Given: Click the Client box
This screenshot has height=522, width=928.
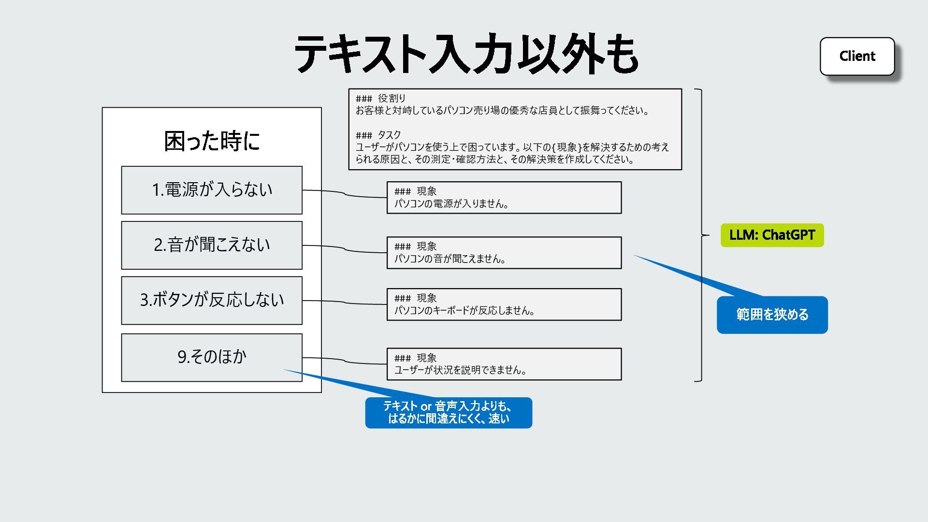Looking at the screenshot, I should pos(857,56).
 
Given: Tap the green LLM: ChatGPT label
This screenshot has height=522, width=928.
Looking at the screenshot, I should pos(772,235).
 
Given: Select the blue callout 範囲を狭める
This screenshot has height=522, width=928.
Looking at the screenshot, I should pos(772,315).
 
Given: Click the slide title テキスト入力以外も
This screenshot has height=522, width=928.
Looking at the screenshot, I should pos(466,54).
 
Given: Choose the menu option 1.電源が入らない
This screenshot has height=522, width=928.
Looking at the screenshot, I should pos(212,190).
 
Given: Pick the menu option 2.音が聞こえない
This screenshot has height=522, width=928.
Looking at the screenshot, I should pos(212,245).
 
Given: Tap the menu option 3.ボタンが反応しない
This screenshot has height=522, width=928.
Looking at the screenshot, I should pos(212,300).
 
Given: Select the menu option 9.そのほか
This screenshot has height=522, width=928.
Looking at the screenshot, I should pos(212,357).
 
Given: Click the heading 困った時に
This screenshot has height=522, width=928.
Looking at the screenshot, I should pos(212,141).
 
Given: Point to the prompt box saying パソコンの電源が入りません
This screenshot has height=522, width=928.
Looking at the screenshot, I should pos(504,198).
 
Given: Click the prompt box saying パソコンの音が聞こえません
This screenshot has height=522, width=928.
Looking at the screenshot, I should pos(504,253).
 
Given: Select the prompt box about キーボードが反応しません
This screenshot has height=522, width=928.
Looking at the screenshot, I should pos(504,304).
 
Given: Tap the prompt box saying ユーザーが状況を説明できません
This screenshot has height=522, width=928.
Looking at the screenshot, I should pos(504,364).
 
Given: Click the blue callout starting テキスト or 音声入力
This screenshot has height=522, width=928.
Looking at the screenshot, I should pos(449,413).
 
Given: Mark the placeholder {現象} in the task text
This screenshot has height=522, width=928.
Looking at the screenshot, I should pos(566,147).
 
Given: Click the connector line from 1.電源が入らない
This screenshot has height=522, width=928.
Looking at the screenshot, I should pos(344,194).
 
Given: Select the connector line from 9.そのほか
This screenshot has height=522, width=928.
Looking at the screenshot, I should pos(344,361).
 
